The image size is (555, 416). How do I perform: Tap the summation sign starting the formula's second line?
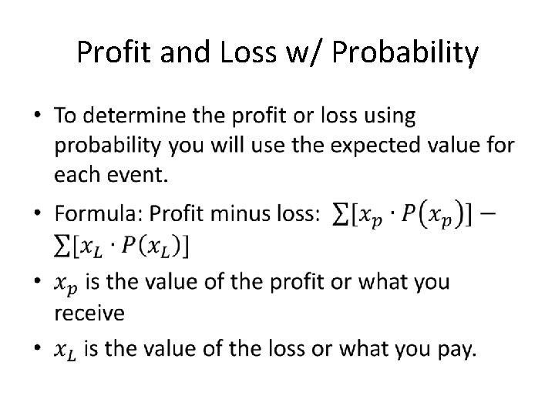(x=62, y=247)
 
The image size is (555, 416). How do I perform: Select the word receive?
(x=89, y=312)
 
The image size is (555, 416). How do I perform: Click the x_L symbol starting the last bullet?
(x=66, y=351)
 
